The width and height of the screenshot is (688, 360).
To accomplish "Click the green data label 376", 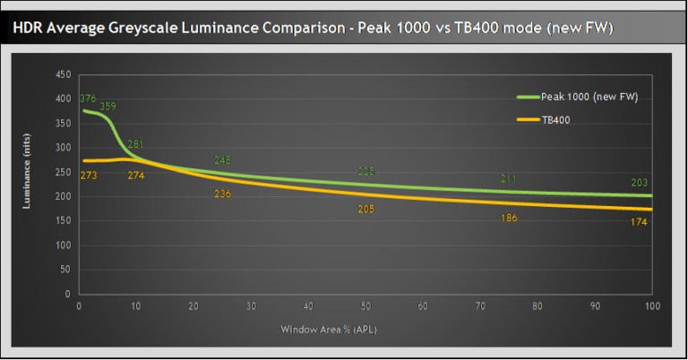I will (88, 99).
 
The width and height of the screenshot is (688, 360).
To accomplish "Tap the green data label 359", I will (108, 107).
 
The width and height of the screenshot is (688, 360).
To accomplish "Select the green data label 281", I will (136, 144).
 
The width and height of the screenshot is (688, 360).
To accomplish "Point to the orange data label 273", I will (89, 175).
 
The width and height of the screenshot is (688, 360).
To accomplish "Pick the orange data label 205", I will (365, 209).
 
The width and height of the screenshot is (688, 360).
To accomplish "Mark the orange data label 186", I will (509, 218).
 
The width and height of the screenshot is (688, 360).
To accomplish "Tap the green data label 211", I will (509, 179).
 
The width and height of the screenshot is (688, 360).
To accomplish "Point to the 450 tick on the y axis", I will (63, 74).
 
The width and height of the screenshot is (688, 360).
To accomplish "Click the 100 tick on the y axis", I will (63, 245).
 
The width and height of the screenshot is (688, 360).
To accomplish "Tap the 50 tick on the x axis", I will (365, 306).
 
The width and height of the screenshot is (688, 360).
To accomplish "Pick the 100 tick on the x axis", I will (651, 306).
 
